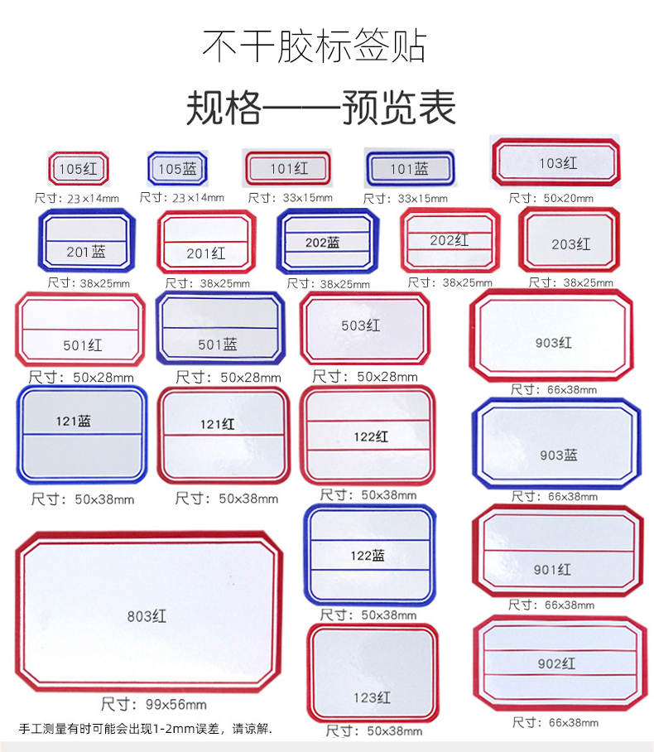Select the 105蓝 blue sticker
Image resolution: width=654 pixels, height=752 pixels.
pos(177,169)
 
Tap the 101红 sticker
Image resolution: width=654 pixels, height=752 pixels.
pos(289,168)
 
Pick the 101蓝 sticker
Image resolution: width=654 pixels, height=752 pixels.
pos(409,169)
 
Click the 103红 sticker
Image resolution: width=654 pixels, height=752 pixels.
pos(556,163)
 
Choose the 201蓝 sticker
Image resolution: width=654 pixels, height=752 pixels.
pos(86,241)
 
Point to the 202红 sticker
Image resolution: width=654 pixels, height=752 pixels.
pos(450,240)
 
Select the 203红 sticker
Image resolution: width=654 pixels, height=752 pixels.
pos(570,241)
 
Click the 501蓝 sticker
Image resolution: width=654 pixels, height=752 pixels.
pos(219,330)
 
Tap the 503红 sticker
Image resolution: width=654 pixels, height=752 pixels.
pos(365,328)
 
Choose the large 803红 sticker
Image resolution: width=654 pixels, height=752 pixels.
pos(148,613)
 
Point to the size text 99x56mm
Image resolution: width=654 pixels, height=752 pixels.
pos(154,706)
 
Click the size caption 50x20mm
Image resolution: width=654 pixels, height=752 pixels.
pos(551,198)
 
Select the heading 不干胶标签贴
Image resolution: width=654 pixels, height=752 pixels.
pos(315,46)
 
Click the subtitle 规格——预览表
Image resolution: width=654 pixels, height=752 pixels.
pos(320,108)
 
